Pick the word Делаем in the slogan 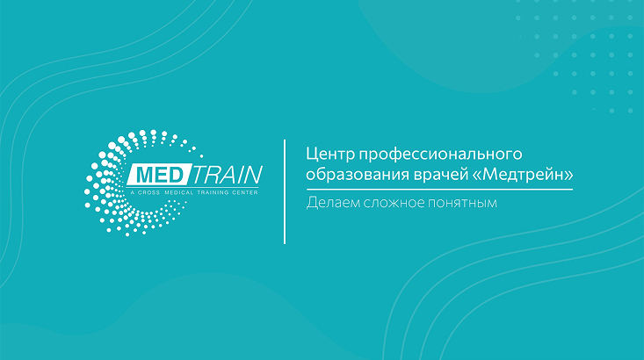pyautogui.click(x=331, y=204)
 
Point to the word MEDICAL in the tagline pyautogui.click(x=178, y=191)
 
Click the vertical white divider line pyautogui.click(x=285, y=191)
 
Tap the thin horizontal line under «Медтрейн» pyautogui.click(x=439, y=189)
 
